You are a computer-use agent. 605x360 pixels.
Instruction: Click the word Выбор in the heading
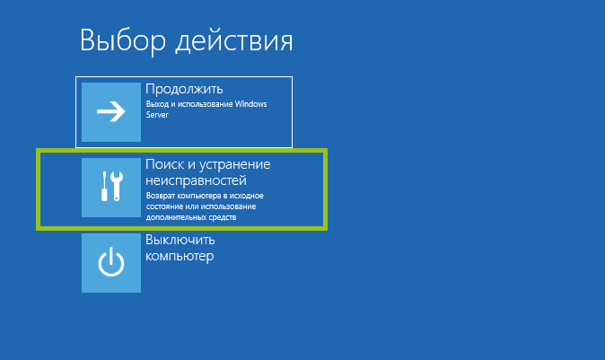point(123,40)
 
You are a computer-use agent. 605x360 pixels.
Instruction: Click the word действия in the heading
point(234,41)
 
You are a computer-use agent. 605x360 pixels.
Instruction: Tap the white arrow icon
point(111,111)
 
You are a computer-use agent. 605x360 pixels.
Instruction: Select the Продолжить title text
point(184,89)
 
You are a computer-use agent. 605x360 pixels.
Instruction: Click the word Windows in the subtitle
point(250,104)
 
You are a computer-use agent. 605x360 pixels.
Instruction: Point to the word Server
point(157,115)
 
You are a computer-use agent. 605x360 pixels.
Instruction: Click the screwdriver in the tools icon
point(104,187)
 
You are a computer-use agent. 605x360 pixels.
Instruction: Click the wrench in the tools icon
point(117,187)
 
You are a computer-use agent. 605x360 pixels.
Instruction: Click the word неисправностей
point(196,180)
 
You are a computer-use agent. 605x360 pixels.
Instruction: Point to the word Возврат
point(162,196)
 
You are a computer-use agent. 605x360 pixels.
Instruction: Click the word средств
point(223,217)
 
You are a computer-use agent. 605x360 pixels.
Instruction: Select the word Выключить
point(180,240)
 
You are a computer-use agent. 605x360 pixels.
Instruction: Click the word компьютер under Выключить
point(180,256)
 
